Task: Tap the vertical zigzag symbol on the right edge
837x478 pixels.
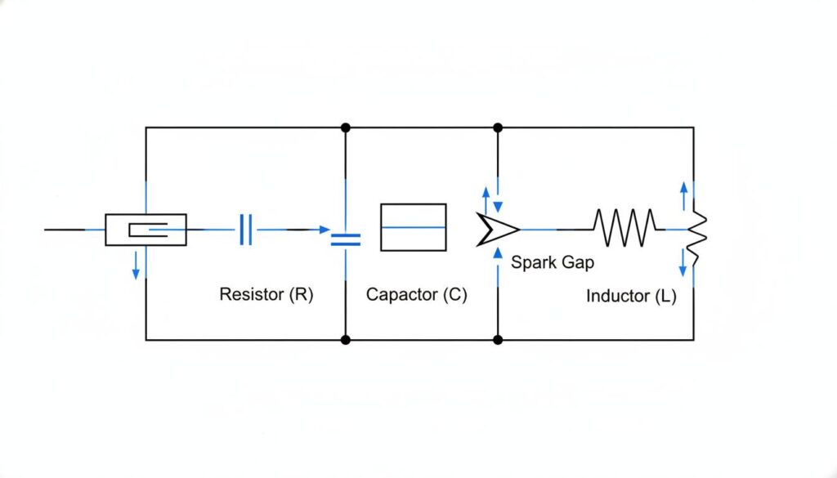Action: (696, 237)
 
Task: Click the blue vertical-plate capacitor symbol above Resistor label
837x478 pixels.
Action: (247, 230)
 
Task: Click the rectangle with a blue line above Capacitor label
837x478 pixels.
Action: (413, 227)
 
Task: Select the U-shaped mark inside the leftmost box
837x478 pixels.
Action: (150, 230)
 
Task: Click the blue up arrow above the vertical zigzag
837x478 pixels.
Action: (683, 194)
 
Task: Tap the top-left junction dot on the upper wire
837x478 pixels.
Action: (346, 127)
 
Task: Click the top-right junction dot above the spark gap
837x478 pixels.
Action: (498, 127)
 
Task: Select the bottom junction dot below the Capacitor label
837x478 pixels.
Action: (346, 339)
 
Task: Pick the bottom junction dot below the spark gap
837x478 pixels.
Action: (498, 339)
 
